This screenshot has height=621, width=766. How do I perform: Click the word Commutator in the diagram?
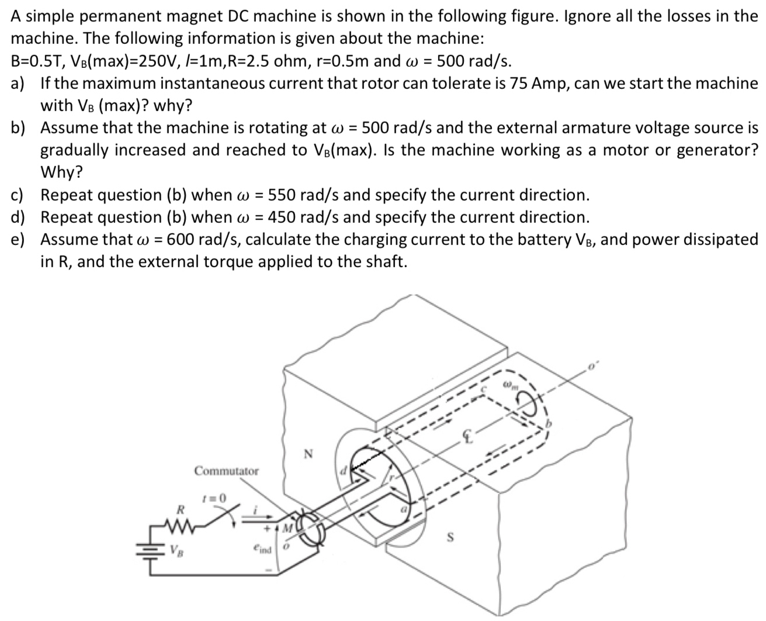(227, 471)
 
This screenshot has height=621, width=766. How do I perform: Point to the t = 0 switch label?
(212, 498)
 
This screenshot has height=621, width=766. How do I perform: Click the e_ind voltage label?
(263, 550)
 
